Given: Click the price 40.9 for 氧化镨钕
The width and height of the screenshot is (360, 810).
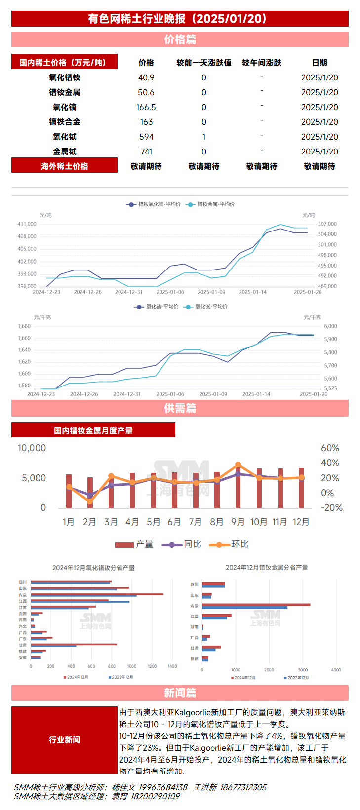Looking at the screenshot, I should coord(146,77).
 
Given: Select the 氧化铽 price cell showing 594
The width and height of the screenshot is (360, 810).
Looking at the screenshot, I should coord(146,137).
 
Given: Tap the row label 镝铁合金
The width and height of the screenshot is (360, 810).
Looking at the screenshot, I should coord(65,122).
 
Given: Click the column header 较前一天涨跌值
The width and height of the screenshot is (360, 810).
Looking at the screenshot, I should coord(204,63).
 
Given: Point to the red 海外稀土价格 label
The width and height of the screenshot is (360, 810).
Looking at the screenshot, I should coord(65,166).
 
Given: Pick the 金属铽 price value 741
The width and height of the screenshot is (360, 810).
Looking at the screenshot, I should coord(146,152).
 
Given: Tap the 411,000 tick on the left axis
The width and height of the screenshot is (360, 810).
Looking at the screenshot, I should coord(27,224).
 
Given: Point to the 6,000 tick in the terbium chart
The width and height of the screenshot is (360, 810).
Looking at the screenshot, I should coord(331,326).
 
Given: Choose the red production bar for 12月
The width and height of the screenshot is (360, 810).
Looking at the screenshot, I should coord(301,488).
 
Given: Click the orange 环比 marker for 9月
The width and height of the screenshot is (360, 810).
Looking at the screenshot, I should coord(238,465).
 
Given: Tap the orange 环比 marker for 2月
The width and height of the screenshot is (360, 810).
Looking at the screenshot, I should coord(90,501).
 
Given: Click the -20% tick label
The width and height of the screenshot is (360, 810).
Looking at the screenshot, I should coord(331,508).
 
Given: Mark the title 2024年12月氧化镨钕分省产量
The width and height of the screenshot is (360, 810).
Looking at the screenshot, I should coord(93,568).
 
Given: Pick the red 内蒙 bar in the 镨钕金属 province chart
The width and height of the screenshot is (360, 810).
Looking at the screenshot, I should coord(256,604).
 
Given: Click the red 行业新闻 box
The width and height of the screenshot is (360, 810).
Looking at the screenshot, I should coord(65,740).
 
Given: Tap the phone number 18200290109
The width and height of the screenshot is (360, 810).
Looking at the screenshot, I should coord(155,796).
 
